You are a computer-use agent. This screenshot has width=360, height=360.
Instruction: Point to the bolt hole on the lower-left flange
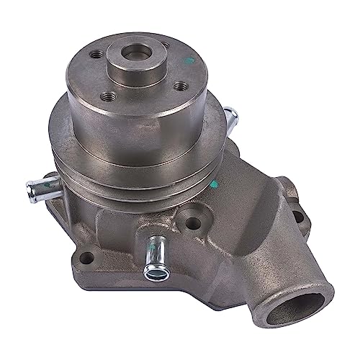[x=86, y=257]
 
